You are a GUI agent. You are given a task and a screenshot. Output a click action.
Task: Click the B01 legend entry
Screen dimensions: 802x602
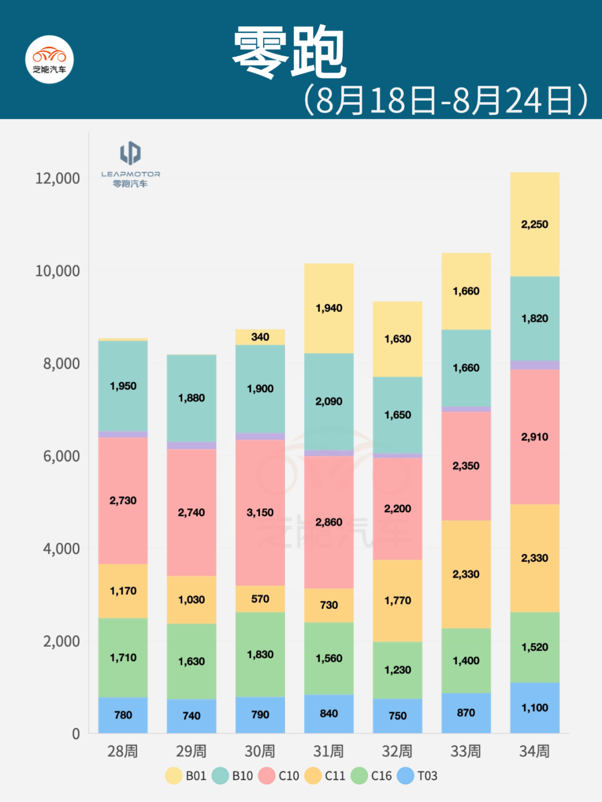(186, 776)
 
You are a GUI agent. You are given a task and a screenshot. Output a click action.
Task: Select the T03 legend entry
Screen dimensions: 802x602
(417, 776)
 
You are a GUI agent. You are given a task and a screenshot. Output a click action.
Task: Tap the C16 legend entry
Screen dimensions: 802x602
(371, 776)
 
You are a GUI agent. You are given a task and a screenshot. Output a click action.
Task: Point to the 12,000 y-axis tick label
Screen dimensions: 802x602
(57, 178)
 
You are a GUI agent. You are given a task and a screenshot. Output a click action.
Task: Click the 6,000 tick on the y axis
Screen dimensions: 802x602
(61, 456)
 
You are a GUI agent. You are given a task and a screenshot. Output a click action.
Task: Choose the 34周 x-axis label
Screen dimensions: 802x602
(534, 751)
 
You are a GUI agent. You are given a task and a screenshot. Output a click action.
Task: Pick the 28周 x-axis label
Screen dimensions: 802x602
(123, 751)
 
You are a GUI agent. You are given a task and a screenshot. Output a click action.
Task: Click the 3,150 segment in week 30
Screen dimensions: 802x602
(260, 512)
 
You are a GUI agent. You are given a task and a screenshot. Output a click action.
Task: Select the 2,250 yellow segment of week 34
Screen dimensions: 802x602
(535, 224)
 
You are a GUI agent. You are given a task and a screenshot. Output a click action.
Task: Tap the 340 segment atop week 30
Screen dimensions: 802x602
(260, 337)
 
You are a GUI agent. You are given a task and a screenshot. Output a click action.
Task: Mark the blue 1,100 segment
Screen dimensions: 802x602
(535, 708)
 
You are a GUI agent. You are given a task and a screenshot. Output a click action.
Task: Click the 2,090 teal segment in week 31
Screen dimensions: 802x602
(329, 402)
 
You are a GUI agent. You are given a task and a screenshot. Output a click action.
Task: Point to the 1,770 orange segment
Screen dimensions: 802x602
(397, 600)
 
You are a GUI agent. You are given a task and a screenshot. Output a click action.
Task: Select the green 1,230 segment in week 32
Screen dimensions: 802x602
(397, 670)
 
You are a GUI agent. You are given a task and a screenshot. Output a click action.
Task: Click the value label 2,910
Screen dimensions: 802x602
(535, 437)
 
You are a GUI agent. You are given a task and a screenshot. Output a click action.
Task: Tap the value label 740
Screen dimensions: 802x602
(191, 716)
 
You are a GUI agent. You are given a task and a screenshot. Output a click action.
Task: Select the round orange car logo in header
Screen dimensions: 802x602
(50, 60)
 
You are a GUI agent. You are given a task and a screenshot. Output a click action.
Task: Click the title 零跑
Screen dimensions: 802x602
(290, 53)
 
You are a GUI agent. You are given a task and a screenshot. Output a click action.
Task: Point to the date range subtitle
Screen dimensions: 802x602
(446, 100)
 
